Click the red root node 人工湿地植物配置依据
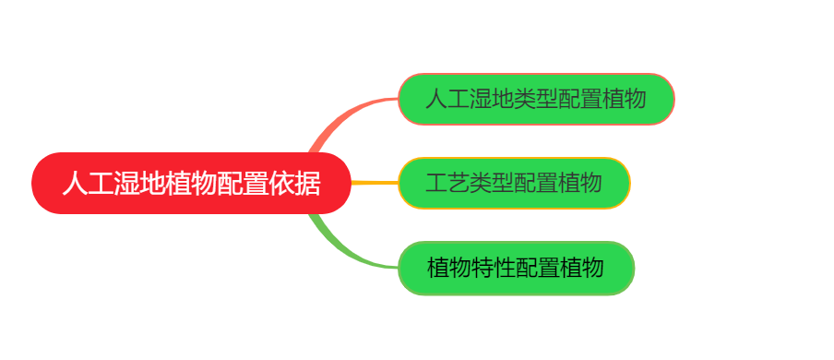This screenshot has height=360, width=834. (192, 183)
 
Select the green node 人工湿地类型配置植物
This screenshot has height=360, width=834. (536, 99)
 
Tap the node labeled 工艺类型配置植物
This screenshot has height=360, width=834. (514, 183)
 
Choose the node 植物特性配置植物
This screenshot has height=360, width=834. (516, 268)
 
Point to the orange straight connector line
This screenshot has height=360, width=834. (375, 183)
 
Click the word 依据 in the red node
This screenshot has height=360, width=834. (295, 184)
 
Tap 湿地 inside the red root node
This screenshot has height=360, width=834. (139, 184)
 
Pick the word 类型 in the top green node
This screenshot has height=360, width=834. (536, 99)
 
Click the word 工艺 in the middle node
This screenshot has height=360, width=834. (447, 183)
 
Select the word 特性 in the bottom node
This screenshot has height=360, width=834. (493, 268)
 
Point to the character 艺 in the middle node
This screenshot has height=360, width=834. (458, 183)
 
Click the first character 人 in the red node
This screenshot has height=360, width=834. (75, 184)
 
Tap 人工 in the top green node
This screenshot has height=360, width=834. (447, 99)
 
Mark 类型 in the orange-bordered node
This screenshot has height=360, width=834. (491, 183)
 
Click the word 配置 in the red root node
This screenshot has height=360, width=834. (244, 184)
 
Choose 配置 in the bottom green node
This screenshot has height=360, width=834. (537, 268)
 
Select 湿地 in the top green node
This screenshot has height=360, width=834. (491, 99)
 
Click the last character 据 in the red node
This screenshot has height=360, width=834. (308, 184)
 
